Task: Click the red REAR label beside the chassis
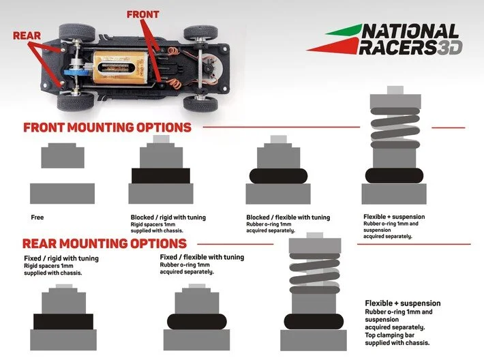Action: pos(26,35)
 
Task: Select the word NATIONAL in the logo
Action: pos(410,32)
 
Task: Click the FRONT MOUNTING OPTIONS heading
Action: pos(107,127)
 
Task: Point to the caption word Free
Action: pos(37,217)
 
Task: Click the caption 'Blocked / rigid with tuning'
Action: pos(168,217)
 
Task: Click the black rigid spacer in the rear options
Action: pos(63,321)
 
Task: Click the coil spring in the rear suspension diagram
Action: pos(314,273)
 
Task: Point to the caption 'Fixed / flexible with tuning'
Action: pos(201,257)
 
